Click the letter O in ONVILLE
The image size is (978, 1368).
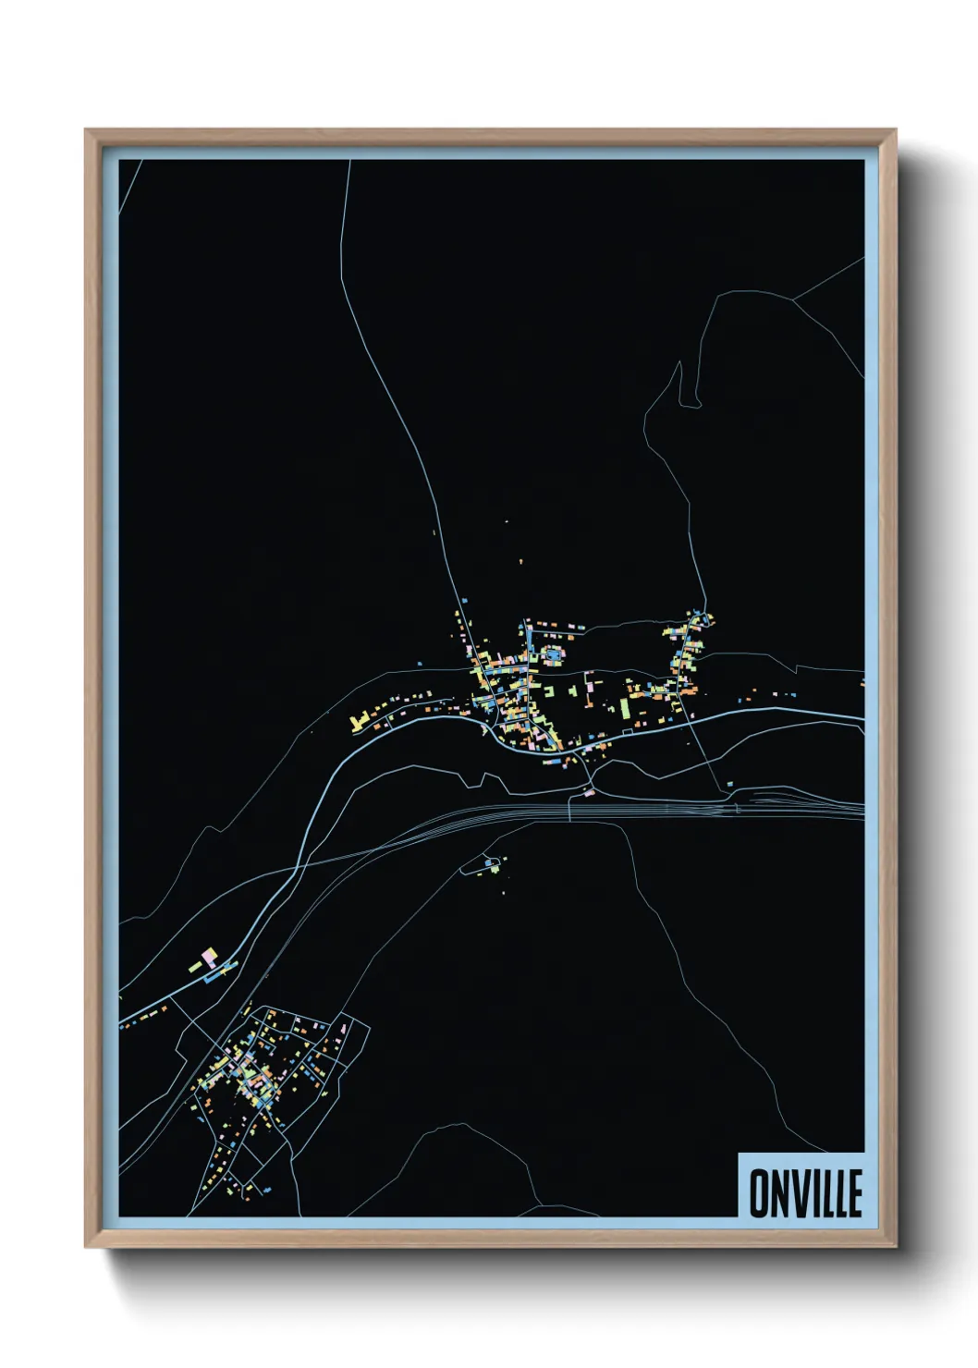[x=757, y=1193]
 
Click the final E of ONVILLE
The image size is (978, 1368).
[x=855, y=1193]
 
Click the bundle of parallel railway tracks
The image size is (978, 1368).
[x=647, y=810]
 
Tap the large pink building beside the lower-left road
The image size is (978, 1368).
[x=210, y=955]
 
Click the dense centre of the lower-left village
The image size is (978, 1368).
[x=248, y=1072]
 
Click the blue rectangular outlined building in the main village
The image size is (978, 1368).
[x=554, y=655]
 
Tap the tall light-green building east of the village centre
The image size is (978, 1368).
[x=625, y=708]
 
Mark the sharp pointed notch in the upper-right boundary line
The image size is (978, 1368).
[x=683, y=365]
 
